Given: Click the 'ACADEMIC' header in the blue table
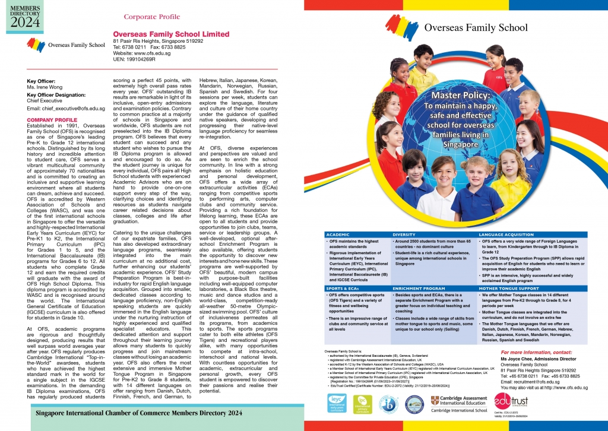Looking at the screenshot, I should pyautogui.click(x=337, y=234).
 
